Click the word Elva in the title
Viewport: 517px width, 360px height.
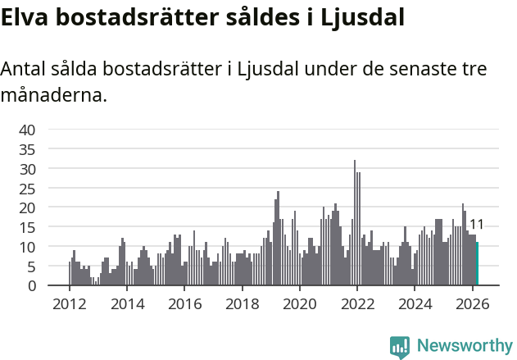point(26,17)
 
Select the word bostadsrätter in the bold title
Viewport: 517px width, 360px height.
point(135,17)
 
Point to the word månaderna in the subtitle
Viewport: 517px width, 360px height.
point(53,96)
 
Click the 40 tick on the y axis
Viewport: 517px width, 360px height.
point(27,130)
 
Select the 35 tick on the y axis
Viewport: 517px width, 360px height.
point(27,149)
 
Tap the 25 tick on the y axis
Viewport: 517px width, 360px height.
point(27,189)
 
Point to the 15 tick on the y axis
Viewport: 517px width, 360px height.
point(27,227)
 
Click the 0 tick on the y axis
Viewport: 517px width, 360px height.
point(31,286)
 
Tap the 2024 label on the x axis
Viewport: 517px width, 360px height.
point(415,303)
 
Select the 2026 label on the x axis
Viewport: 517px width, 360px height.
point(473,303)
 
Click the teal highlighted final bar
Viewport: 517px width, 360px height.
point(477,264)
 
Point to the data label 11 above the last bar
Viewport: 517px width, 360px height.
point(476,225)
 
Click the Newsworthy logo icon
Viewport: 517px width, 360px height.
point(400,346)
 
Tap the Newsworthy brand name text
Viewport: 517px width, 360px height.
point(465,346)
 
